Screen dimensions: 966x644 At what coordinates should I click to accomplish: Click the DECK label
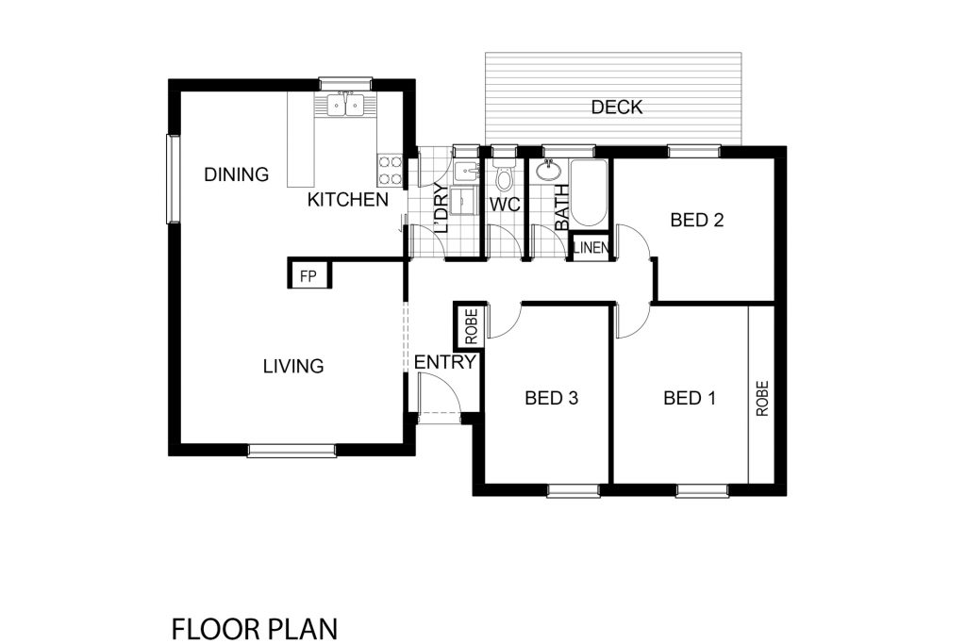617,107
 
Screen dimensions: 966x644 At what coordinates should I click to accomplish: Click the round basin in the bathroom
547,170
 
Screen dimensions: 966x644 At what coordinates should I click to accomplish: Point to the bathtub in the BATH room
590,194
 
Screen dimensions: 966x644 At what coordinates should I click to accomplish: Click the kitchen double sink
345,106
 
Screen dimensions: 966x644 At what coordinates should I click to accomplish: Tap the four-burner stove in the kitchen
390,171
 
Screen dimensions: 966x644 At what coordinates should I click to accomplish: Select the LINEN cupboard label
591,248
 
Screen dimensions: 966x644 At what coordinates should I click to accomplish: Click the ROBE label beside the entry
472,326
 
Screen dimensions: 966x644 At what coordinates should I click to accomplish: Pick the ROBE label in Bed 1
762,398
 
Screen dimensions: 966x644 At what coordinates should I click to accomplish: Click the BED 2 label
697,220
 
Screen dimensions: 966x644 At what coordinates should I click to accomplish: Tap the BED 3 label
551,398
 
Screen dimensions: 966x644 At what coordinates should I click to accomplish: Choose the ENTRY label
445,362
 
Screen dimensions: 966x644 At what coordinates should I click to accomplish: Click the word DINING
237,174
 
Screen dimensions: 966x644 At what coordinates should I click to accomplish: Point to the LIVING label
293,367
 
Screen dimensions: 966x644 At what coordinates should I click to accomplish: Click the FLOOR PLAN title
255,629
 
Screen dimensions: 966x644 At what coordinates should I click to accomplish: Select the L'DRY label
440,208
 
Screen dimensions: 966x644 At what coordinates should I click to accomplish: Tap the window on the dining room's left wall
173,178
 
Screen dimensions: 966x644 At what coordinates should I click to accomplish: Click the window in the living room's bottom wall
291,451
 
